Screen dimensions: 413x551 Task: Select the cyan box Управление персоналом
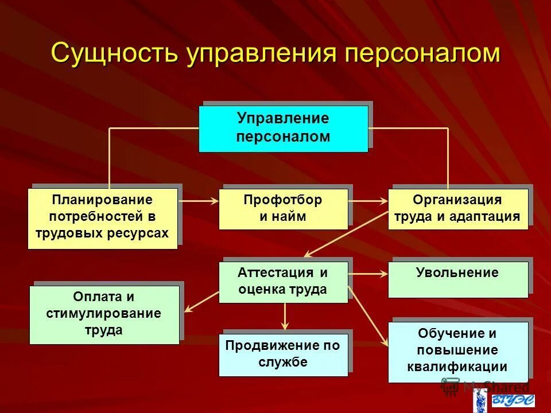[x=283, y=128]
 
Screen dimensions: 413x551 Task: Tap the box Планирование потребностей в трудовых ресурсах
[x=102, y=217]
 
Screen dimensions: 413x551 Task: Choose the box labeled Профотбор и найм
[x=283, y=209]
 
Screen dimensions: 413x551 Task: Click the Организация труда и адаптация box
[x=457, y=209]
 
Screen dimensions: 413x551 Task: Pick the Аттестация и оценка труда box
[x=283, y=281]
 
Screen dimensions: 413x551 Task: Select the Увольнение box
[x=457, y=279]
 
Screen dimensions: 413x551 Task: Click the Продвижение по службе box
[x=283, y=354]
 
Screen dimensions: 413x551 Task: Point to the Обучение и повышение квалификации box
[x=457, y=351]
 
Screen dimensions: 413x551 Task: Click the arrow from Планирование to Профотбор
[x=198, y=201]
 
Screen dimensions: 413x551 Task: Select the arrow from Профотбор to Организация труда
[x=368, y=201]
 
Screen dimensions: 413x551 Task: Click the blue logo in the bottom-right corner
[x=511, y=400]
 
